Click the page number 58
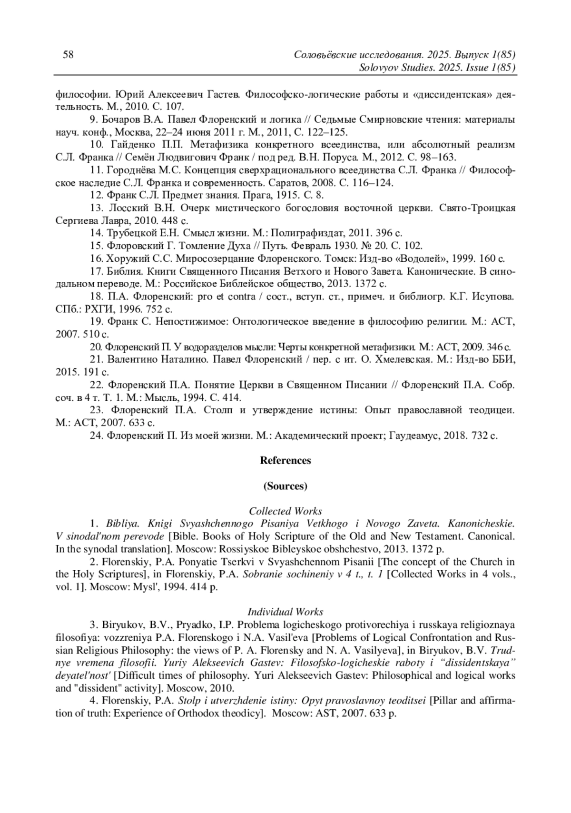coord(68,54)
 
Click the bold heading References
coord(285,460)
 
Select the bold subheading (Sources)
coord(285,486)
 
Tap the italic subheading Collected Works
coord(285,511)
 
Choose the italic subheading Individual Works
coord(285,612)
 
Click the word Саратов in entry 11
coord(282,183)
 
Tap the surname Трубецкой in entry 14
coord(129,233)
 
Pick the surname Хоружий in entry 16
coord(126,259)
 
